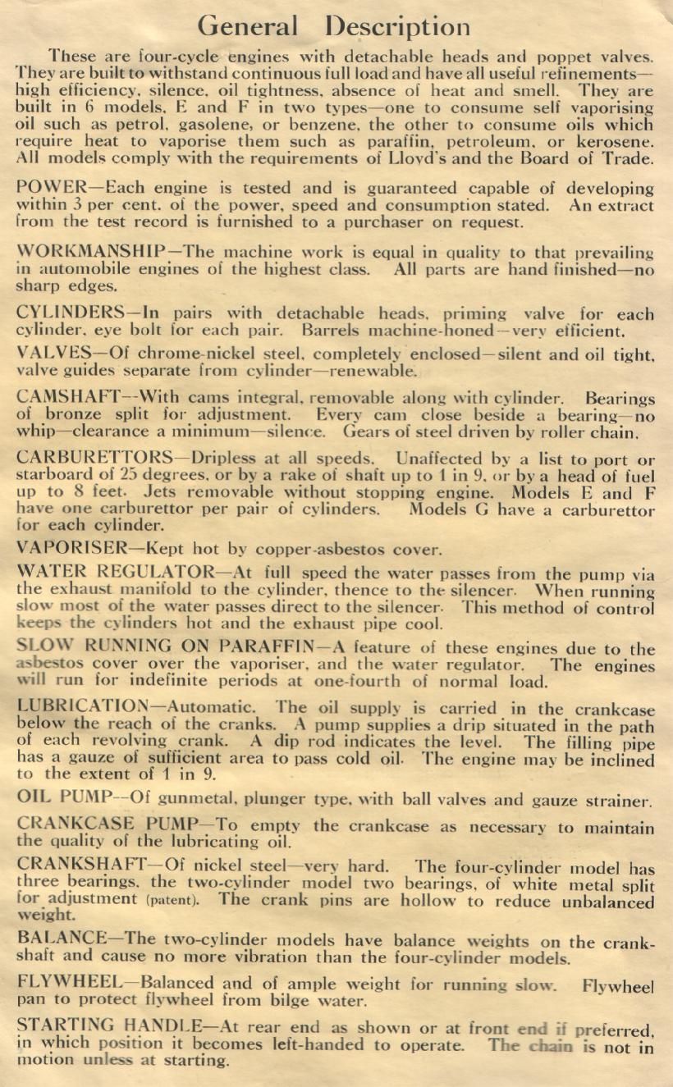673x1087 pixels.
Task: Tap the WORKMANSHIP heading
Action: coord(90,252)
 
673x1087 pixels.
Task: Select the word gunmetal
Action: coord(160,800)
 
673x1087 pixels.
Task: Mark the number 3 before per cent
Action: coord(78,205)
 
